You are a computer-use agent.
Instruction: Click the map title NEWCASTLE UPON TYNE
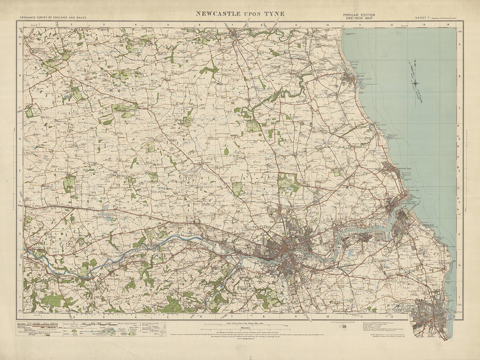click(240, 13)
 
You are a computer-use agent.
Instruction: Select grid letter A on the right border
click(459, 45)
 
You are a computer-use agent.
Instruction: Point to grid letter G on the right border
click(459, 234)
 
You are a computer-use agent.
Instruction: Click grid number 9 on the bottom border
click(294, 316)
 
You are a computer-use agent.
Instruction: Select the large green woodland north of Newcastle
click(288, 183)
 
